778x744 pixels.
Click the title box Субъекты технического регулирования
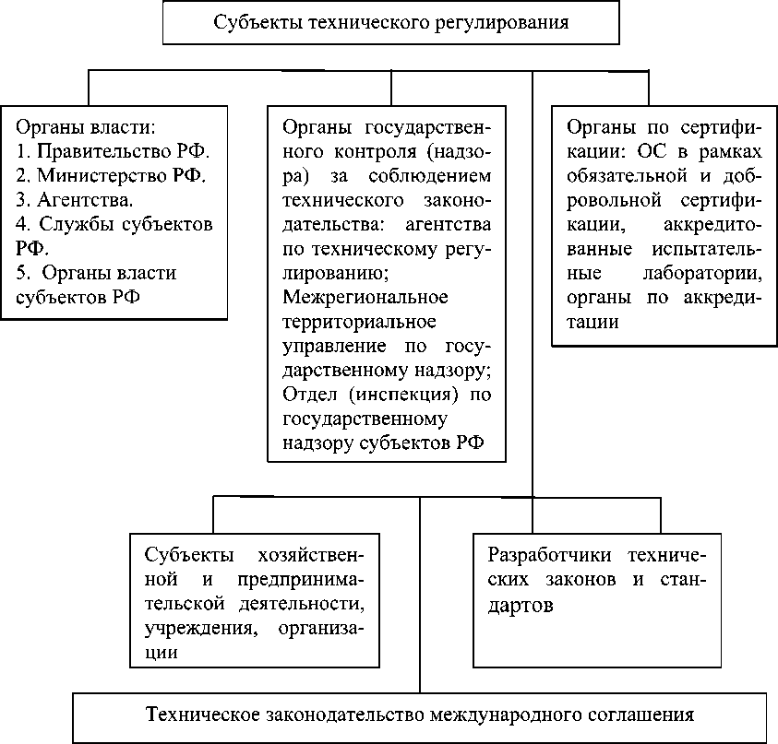click(x=390, y=22)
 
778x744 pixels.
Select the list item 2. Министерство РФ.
click(x=111, y=174)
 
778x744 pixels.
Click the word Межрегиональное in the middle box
click(x=365, y=298)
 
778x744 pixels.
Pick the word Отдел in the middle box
click(x=306, y=395)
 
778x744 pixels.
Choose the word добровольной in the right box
click(x=617, y=199)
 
